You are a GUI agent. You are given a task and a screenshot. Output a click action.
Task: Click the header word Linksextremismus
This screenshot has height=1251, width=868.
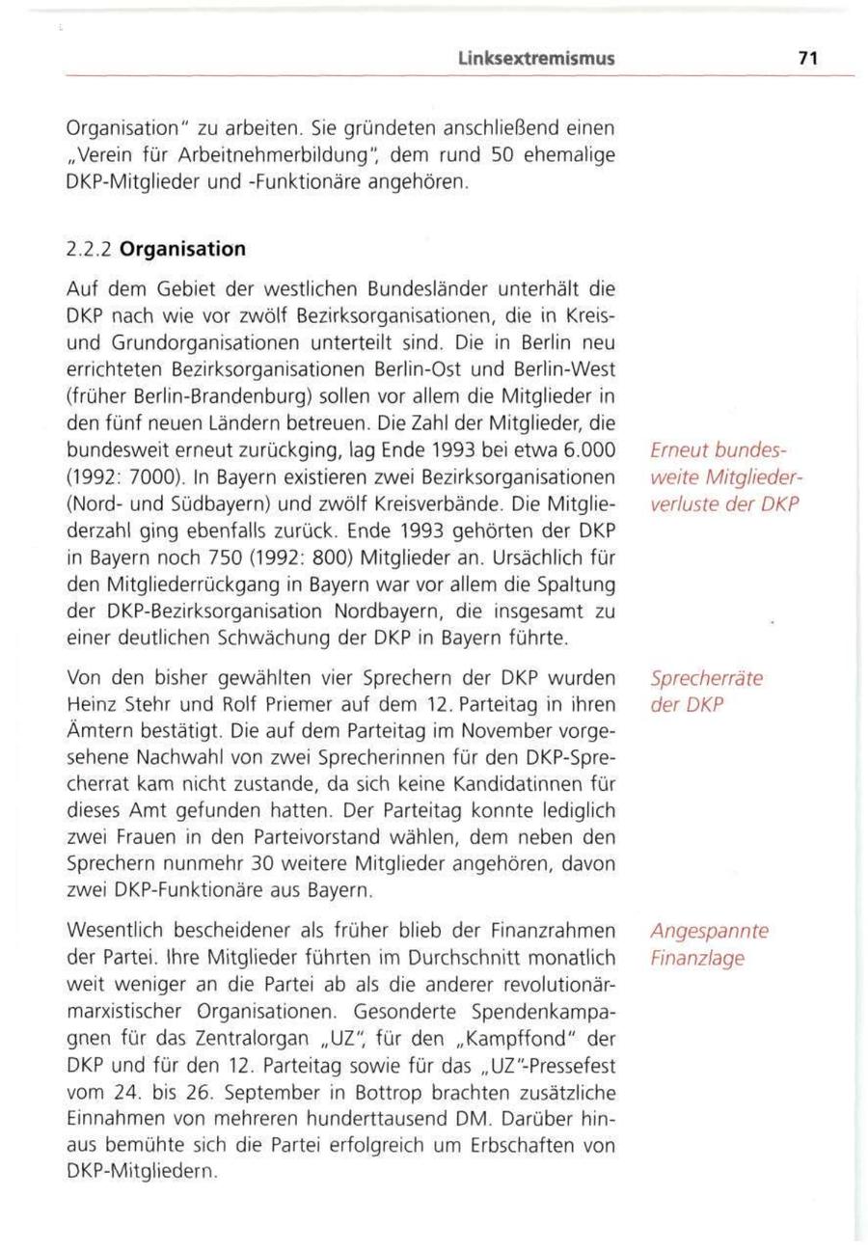[537, 60]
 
